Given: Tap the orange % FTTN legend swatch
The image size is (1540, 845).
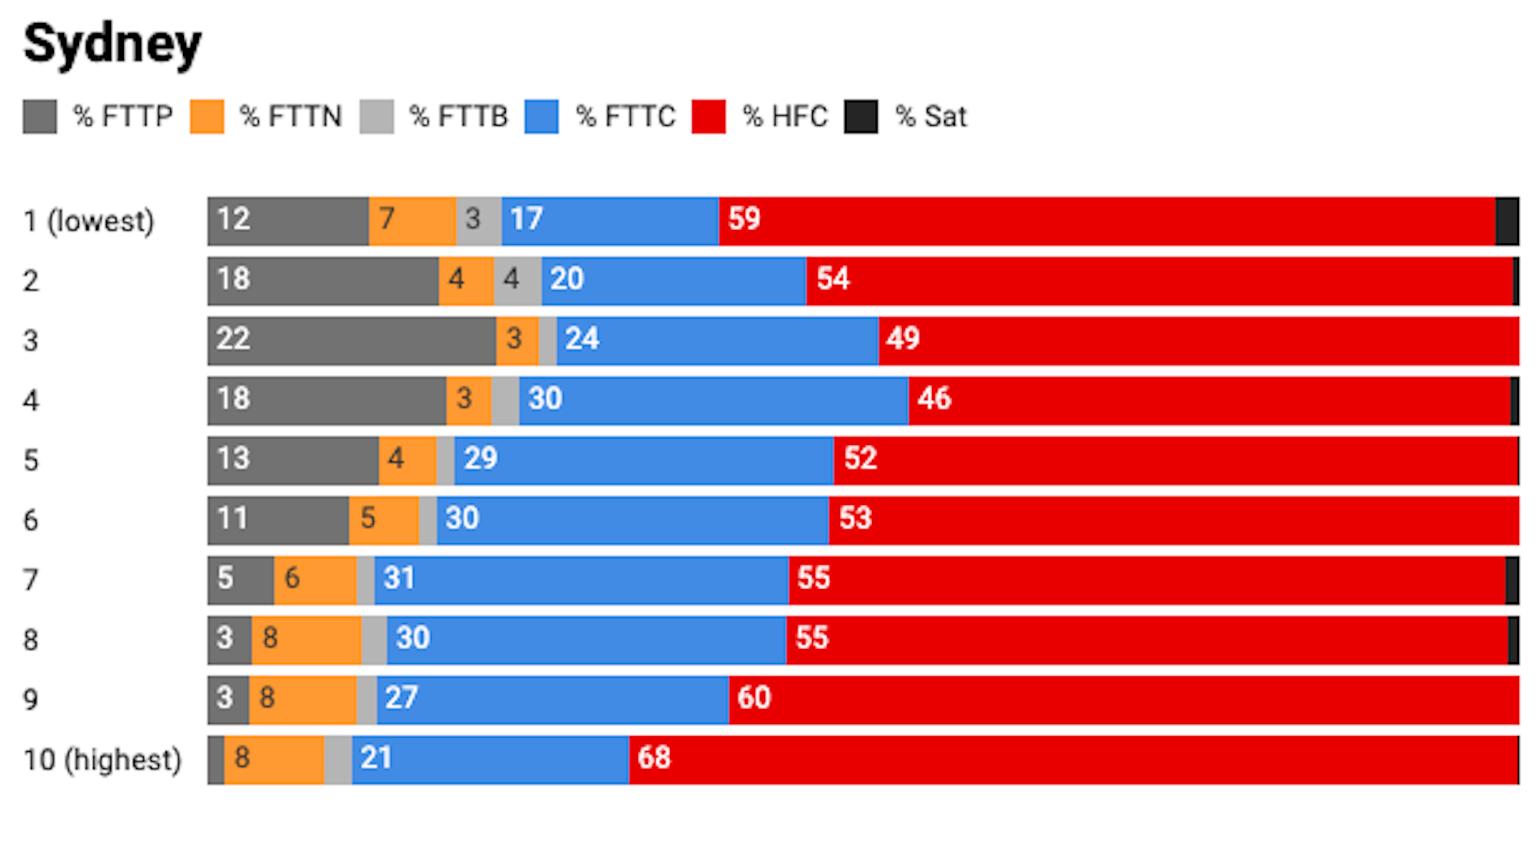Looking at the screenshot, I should point(207,117).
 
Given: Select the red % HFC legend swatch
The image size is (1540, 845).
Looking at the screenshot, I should point(708,117).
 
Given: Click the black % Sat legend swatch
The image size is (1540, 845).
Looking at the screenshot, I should point(861,117).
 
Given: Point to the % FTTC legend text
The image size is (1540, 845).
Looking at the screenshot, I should point(626,117).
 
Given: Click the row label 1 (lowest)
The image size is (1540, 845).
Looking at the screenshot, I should point(89,221).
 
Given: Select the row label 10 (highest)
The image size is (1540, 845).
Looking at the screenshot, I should point(102,760).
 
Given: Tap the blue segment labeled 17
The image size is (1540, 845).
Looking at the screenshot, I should point(610,221).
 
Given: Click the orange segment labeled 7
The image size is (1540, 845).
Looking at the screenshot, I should point(412,221).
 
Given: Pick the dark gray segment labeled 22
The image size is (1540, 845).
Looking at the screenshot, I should point(351,341).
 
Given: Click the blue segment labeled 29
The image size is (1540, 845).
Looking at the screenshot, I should point(643,461).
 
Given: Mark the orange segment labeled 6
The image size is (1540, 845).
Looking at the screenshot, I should point(315,580).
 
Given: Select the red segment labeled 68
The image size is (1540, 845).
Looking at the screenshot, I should point(1073,760).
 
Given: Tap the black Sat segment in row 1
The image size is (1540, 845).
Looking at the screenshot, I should point(1507,221).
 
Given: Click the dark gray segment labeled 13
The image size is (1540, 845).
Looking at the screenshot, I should point(293,461).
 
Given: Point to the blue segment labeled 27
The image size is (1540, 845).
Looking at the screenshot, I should point(552,700).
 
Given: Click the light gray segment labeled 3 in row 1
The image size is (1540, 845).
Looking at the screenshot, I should point(479,221).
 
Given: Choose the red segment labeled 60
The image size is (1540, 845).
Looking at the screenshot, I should point(1123,700).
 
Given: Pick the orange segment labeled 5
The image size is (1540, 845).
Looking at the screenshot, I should point(383,520).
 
